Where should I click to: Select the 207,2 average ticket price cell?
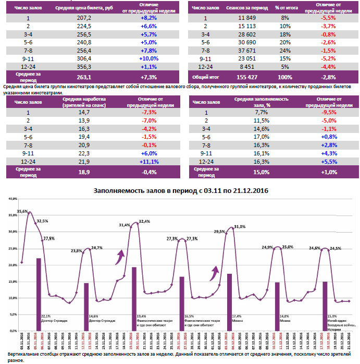pos(84,18)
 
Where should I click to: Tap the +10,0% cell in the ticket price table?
pos(148,58)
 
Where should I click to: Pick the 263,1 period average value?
pos(84,76)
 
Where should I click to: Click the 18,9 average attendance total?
pos(84,172)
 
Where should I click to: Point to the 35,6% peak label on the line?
pos(22,211)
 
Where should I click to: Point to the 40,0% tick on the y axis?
pos(13,199)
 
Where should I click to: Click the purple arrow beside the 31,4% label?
pos(120,255)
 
